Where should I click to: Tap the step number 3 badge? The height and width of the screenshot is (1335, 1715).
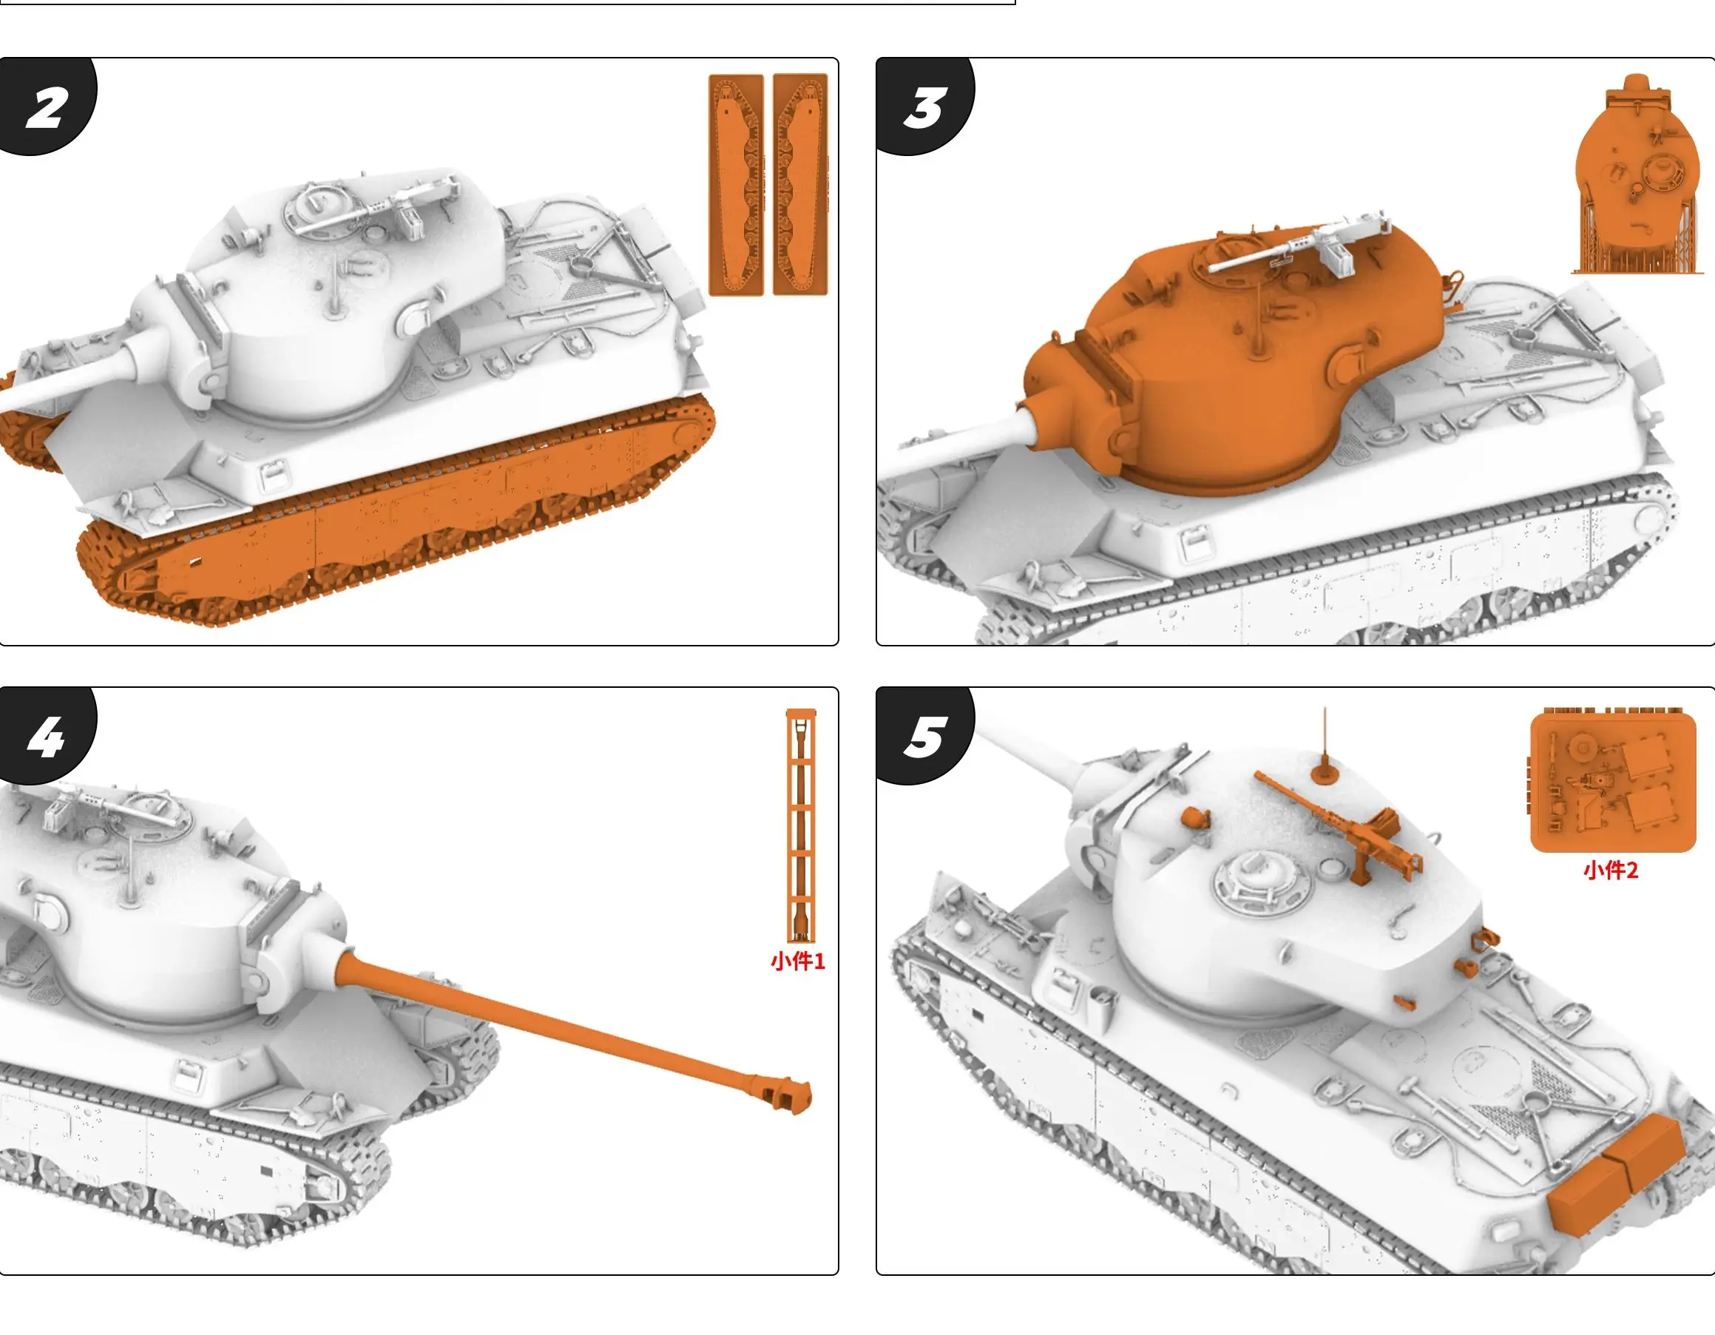(x=925, y=106)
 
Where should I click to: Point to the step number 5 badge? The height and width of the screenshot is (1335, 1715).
(x=925, y=737)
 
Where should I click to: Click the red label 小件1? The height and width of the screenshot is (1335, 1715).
(x=798, y=961)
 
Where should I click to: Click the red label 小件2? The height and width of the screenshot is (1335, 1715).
(x=1611, y=870)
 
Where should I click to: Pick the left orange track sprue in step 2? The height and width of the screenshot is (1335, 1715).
(x=736, y=186)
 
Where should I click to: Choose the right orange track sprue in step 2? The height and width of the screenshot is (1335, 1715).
(x=800, y=185)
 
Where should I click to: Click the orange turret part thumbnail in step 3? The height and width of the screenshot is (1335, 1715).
(x=1637, y=175)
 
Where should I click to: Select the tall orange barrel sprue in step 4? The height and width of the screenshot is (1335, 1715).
(x=801, y=825)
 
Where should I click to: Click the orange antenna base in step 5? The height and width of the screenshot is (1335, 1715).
(x=1325, y=773)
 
